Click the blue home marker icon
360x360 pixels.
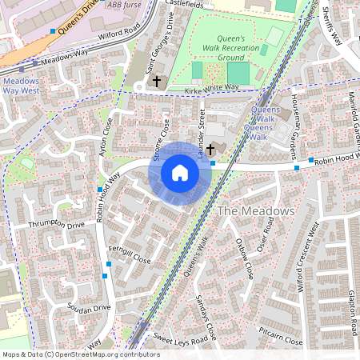point(180,173)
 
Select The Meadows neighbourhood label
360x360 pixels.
point(257,210)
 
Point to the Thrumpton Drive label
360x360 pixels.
point(55,226)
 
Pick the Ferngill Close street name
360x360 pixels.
point(130,259)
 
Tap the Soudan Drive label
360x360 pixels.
point(88,308)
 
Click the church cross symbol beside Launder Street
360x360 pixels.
point(211,149)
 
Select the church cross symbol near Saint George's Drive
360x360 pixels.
point(157,82)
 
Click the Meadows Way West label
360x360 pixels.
point(21,86)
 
